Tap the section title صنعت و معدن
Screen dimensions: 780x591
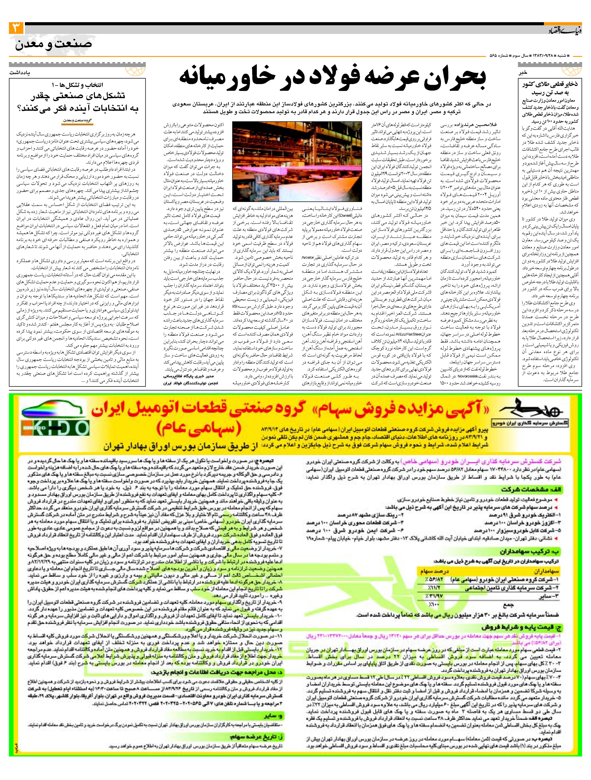[54, 44]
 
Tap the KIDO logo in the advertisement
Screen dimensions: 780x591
[55, 428]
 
